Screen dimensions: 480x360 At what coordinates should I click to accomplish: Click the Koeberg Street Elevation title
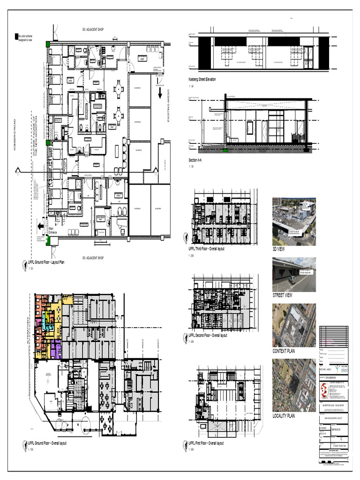pos(202,80)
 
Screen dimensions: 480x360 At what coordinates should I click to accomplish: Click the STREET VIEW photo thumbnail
pos(294,274)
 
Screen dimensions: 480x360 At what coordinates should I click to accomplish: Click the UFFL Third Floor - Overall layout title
pos(206,249)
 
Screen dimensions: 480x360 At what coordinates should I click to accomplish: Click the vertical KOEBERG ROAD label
pos(15,135)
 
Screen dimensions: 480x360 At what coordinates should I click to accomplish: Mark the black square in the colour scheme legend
pos(17,36)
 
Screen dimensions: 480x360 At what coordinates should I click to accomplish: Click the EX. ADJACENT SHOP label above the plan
pos(93,30)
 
